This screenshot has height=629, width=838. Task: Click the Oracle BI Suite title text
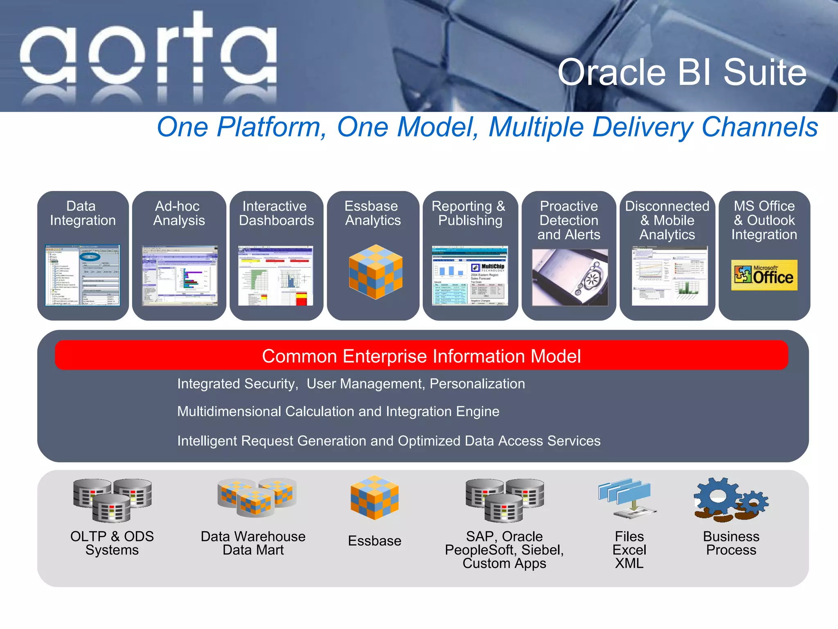tap(682, 72)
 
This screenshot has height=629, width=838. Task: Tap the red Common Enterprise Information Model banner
tap(421, 355)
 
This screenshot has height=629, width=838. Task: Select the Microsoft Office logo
tap(764, 275)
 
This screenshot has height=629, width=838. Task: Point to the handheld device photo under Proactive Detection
tap(570, 277)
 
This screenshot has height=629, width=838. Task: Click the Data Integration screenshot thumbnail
tap(82, 275)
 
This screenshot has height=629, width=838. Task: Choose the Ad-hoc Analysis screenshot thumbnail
tap(180, 275)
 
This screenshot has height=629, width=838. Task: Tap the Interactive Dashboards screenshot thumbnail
tap(276, 275)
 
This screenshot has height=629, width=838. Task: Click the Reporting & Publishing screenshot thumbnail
tap(470, 275)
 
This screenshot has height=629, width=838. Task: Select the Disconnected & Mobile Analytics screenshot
tap(669, 275)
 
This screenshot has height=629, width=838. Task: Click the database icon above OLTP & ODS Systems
tap(112, 500)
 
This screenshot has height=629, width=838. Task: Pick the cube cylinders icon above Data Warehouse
tap(257, 497)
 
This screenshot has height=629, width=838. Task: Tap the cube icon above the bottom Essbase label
tap(374, 497)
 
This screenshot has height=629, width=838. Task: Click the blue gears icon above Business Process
tap(731, 499)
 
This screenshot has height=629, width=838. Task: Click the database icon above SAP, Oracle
tap(505, 500)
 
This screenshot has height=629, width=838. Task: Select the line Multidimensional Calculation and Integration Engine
tap(338, 411)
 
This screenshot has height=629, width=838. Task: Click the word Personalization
tap(477, 384)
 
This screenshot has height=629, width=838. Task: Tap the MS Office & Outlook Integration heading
tap(764, 220)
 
